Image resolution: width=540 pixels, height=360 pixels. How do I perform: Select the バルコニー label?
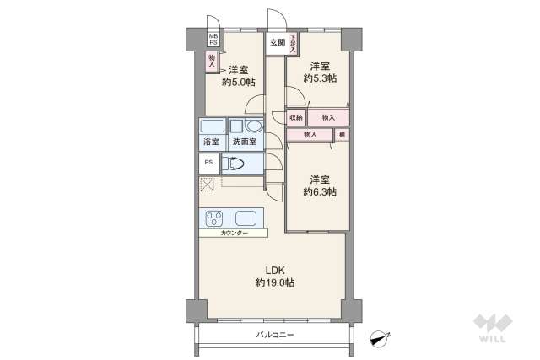click(275, 335)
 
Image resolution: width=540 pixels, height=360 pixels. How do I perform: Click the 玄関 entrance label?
click(277, 42)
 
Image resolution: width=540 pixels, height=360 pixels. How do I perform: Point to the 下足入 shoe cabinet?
click(293, 42)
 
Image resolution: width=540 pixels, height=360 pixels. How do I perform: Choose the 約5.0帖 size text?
click(236, 83)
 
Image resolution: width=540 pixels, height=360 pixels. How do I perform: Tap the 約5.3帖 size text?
click(318, 78)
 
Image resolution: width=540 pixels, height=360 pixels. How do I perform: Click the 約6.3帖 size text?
click(320, 192)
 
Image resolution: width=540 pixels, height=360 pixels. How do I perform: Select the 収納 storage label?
click(295, 117)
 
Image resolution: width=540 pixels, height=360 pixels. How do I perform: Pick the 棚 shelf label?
click(342, 134)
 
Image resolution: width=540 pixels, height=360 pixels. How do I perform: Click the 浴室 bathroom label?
click(211, 142)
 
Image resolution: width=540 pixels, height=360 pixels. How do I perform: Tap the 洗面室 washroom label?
click(244, 142)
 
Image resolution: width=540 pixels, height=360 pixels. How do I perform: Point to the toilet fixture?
click(235, 164)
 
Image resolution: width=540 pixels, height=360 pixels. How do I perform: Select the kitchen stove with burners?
click(213, 218)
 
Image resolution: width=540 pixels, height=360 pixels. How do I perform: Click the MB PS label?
click(213, 40)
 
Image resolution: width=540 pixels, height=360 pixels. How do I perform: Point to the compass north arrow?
click(381, 337)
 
